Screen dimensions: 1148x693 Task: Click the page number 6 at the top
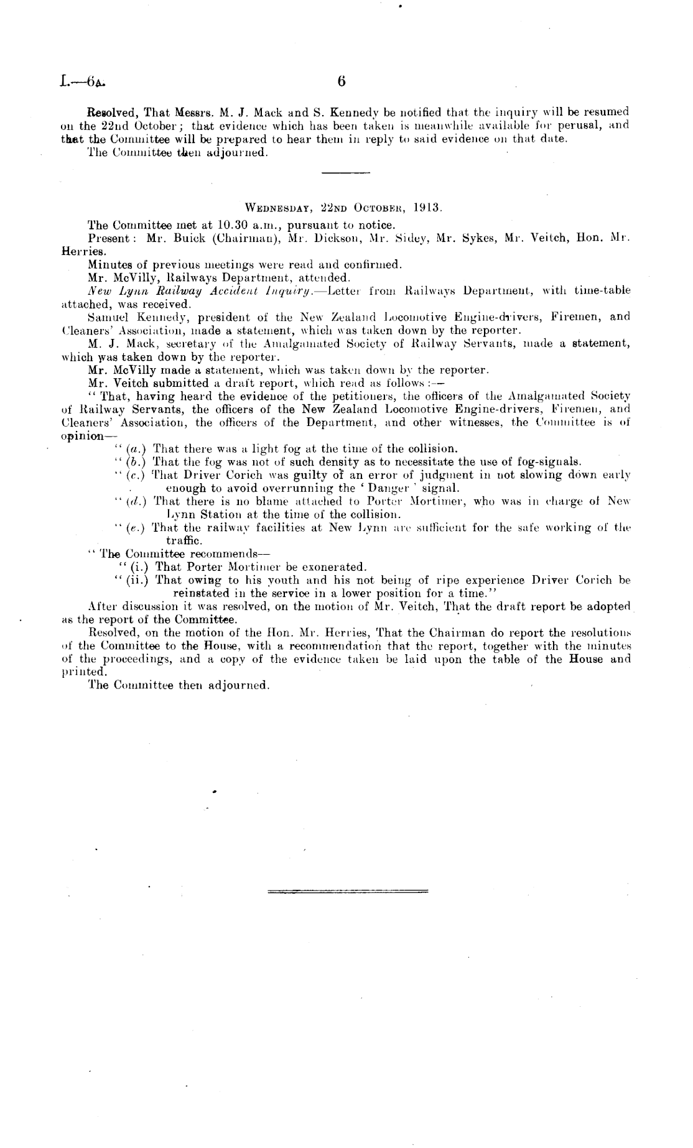click(341, 81)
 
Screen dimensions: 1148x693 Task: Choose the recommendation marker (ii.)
click(134, 580)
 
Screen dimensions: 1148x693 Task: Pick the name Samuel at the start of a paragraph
click(109, 317)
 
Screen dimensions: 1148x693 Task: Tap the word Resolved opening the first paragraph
click(112, 113)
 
